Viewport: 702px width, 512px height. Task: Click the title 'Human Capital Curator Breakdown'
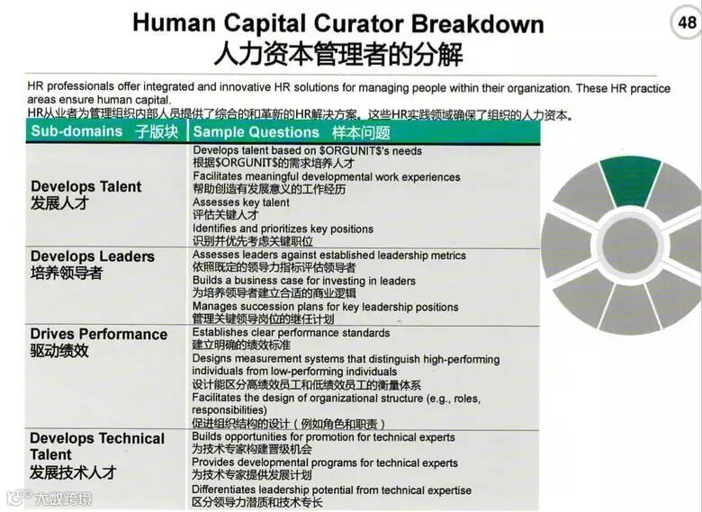tap(338, 22)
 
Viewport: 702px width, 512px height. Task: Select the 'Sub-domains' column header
tap(76, 131)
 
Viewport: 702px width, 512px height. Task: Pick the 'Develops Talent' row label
tap(85, 186)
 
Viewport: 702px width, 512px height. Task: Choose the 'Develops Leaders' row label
tap(92, 256)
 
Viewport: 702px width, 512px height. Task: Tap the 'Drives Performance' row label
tap(98, 334)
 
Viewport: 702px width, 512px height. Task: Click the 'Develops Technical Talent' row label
tap(97, 446)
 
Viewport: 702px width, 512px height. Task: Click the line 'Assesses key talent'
tap(241, 202)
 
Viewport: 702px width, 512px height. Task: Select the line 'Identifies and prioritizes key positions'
tap(283, 229)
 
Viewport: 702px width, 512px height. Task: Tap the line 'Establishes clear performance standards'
tap(291, 333)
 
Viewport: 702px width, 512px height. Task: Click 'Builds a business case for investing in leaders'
tap(303, 281)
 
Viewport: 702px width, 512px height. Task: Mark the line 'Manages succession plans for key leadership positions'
tap(325, 307)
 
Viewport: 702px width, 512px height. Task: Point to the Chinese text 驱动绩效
tap(59, 351)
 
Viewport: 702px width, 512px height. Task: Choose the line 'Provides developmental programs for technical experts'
tap(325, 463)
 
